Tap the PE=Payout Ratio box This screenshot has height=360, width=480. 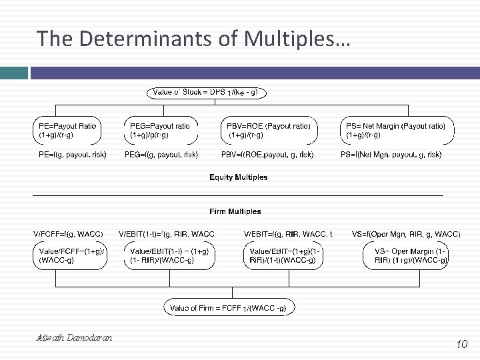point(68,130)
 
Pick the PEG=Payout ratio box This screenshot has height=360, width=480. point(161,130)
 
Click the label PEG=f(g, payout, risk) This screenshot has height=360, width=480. point(161,155)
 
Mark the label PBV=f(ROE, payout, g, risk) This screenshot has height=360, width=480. point(267,155)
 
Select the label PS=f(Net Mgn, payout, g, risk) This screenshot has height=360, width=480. point(391,155)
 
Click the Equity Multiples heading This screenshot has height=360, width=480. point(239,177)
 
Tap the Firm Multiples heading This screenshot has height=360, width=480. point(235,211)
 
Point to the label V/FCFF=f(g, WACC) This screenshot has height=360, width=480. point(68,234)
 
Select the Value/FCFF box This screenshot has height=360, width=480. point(70,255)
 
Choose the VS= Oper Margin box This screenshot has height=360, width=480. point(406,255)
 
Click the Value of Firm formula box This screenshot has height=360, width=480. point(229,308)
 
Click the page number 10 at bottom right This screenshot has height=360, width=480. point(461,344)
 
